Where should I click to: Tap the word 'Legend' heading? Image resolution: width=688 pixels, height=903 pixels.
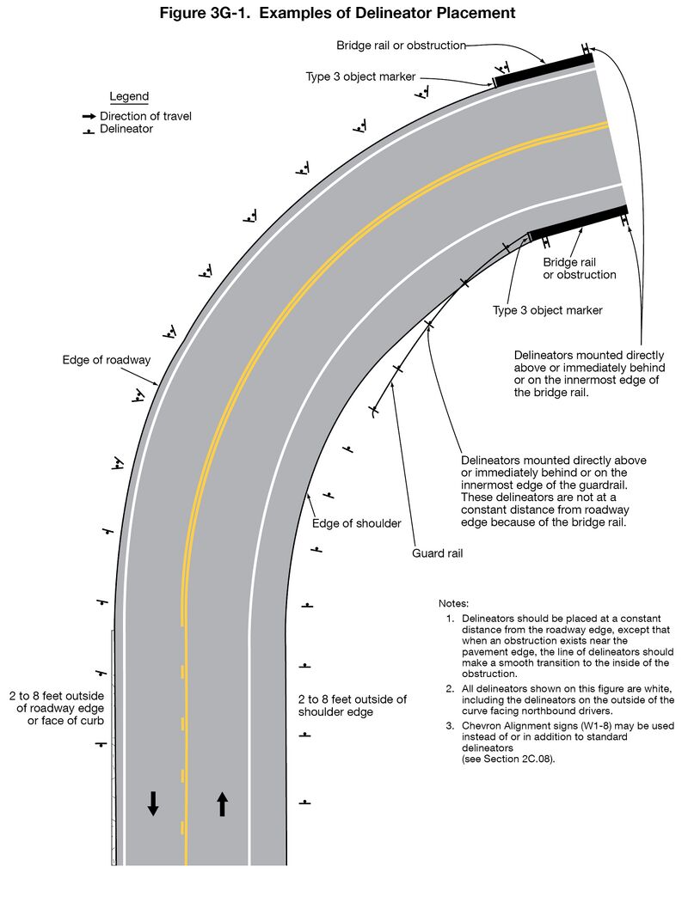129,96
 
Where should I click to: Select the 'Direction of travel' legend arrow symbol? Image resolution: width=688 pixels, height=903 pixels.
89,116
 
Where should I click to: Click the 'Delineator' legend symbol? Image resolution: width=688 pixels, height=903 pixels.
88,131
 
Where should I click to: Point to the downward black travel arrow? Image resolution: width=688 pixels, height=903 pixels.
153,802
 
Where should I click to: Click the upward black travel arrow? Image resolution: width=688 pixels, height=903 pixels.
222,802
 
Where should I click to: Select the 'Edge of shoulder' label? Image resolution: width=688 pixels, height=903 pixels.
356,523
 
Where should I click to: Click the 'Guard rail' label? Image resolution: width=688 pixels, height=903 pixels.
438,553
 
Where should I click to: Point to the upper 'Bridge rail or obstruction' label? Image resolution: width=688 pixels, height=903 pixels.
401,45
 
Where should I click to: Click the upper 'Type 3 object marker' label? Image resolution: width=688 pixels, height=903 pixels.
361,76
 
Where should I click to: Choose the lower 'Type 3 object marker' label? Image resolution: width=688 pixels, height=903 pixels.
548,310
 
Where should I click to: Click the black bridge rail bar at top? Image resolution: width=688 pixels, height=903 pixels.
544,68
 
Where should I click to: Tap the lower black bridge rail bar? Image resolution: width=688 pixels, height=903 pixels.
578,221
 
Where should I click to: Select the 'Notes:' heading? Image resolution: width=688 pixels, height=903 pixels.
453,604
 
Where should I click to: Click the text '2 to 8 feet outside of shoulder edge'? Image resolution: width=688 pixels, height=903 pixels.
353,705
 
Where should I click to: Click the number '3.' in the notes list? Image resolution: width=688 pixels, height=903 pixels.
450,726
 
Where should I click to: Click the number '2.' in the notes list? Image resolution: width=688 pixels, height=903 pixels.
450,690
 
